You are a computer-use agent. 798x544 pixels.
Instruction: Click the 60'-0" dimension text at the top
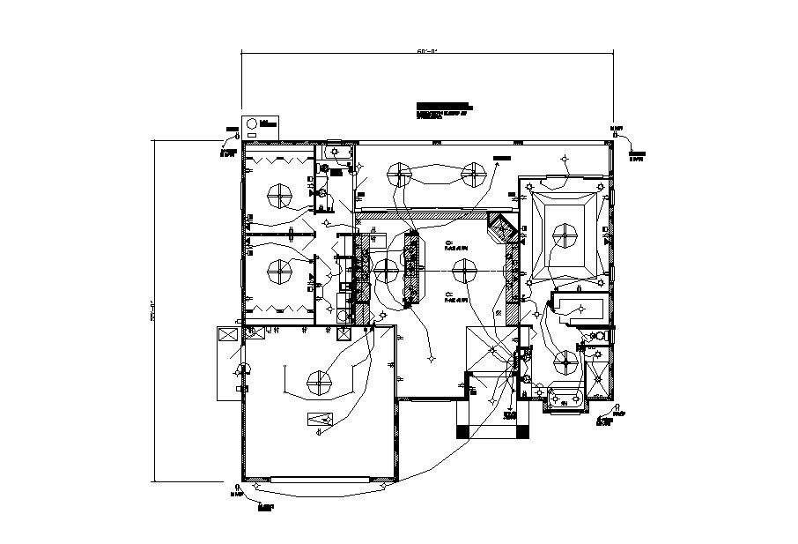click(x=427, y=52)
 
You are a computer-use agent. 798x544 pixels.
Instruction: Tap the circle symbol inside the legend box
click(x=252, y=123)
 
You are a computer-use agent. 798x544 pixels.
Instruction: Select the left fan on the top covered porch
click(x=401, y=173)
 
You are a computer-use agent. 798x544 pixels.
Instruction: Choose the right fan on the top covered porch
click(x=475, y=173)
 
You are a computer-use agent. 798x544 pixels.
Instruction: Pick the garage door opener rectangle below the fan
click(x=319, y=419)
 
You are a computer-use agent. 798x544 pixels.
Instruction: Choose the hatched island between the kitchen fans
click(x=412, y=268)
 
